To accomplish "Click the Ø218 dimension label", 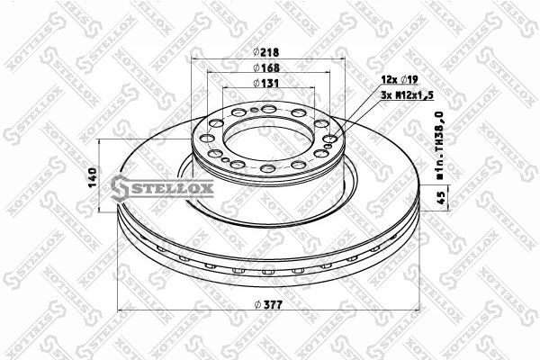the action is pos(265,52).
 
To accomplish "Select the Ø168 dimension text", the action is pos(266,67).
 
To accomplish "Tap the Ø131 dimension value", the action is pos(265,83).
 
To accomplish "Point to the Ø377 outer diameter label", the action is pos(269,304).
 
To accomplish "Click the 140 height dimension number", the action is pos(94,177).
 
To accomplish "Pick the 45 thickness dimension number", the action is pos(441,197).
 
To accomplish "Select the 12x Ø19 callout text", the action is pos(400,80).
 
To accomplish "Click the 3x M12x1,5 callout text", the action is pos(407,95).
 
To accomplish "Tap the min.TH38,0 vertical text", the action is pos(440,145).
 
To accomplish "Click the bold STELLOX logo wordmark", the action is pos(162,188).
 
